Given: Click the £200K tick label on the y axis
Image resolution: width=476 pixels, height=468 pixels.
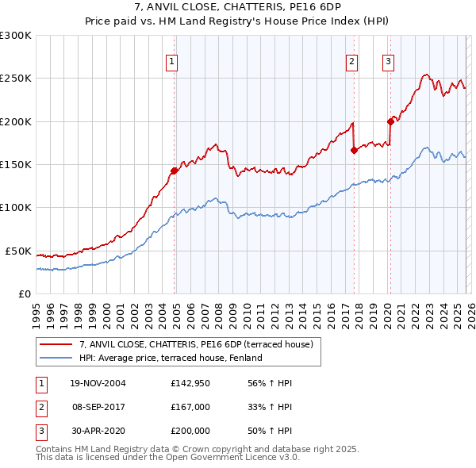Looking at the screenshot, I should [x=16, y=121].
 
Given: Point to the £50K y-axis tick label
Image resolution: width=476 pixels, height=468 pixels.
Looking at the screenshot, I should [x=18, y=251].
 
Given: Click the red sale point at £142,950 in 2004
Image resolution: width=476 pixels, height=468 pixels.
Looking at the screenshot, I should [x=175, y=171].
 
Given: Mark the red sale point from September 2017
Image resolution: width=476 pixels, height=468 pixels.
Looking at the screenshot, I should [x=354, y=150].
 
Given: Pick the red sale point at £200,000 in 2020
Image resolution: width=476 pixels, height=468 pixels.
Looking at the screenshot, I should [x=390, y=121].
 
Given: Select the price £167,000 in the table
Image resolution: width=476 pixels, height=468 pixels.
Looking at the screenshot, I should [x=190, y=407].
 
